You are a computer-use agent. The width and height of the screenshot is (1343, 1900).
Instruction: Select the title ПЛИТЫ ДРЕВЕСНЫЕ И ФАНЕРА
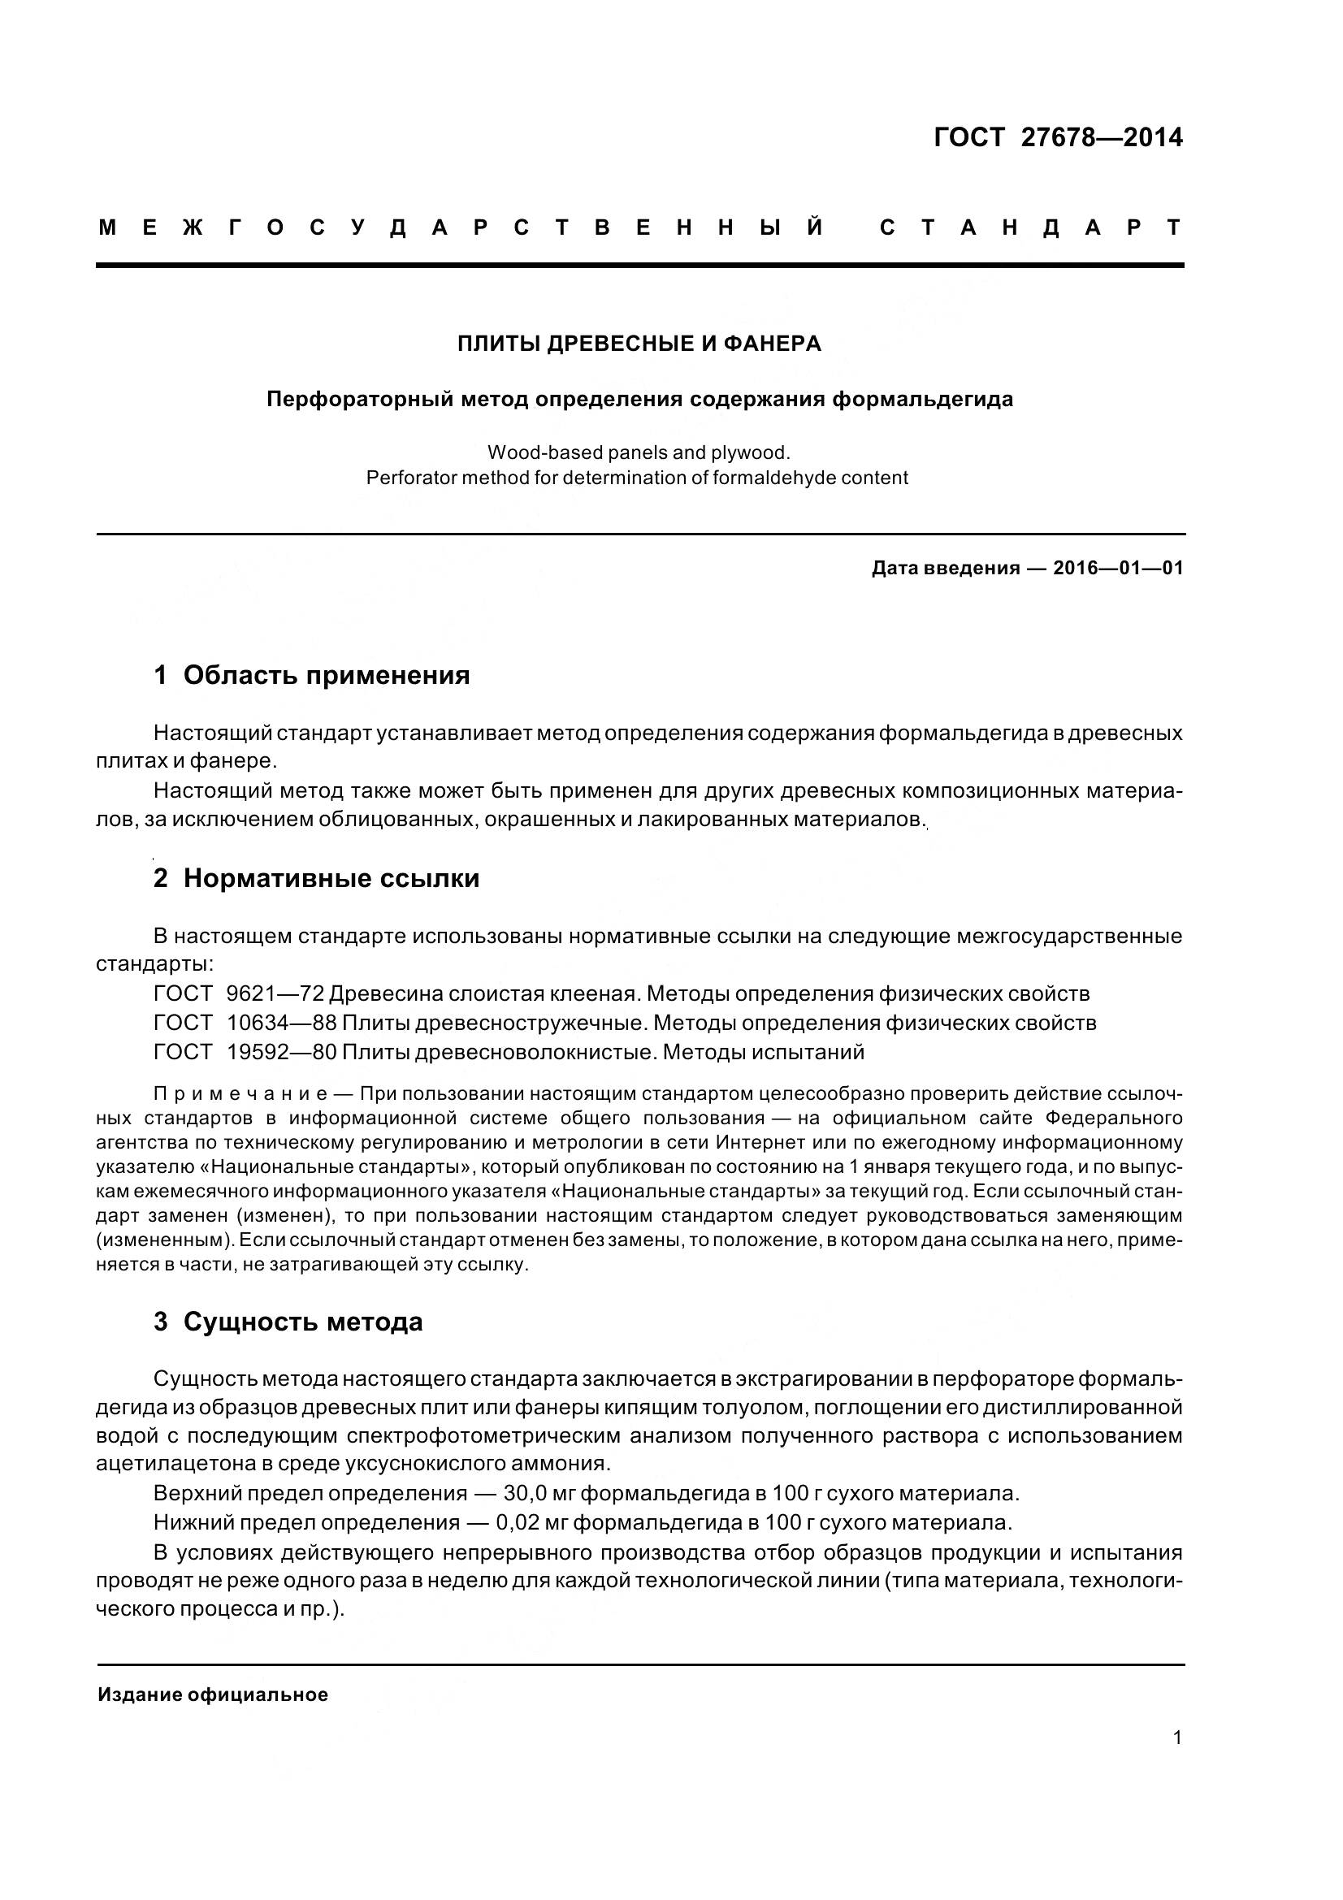coord(639,344)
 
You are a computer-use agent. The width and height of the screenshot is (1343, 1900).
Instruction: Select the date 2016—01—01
coord(1118,568)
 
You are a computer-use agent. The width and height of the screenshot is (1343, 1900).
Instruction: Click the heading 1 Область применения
coord(312,675)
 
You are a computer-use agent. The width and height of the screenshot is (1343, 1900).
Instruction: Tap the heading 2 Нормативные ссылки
coord(316,878)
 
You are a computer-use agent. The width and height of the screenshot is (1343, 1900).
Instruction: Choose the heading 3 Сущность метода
coord(288,1322)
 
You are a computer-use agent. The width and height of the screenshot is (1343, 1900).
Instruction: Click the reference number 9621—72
coord(275,993)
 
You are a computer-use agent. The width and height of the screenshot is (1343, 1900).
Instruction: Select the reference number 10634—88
coord(281,1023)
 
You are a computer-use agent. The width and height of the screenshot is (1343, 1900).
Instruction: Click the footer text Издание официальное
coord(213,1694)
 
